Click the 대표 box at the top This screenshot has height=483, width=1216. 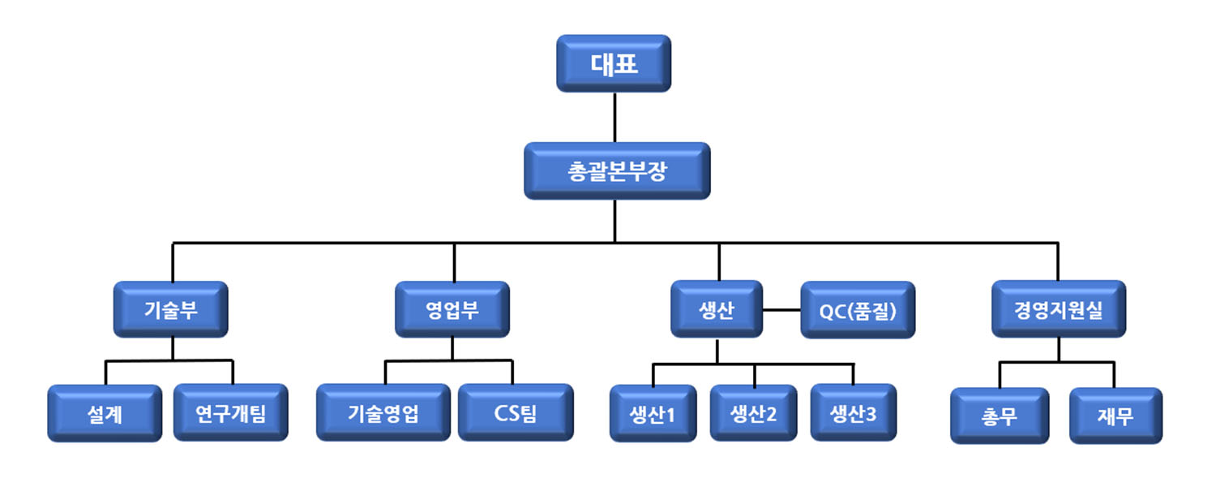click(x=614, y=63)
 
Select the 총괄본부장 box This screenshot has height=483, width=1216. click(x=617, y=171)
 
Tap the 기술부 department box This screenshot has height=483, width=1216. click(x=171, y=309)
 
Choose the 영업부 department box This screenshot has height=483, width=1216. click(x=452, y=309)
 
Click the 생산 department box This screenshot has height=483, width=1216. click(x=717, y=309)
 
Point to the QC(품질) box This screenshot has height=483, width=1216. click(x=858, y=310)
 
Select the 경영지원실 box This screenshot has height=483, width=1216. click(x=1059, y=309)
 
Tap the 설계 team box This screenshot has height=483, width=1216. click(x=105, y=413)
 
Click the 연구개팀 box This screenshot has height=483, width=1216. click(x=231, y=413)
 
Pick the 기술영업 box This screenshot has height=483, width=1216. click(x=383, y=413)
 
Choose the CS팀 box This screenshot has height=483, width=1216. click(x=516, y=413)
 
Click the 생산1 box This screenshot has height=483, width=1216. click(x=653, y=414)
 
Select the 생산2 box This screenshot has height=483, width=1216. click(x=754, y=413)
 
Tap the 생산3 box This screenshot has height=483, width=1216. click(x=854, y=413)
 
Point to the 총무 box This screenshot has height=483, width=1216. click(x=1000, y=416)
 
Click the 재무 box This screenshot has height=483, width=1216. click(x=1115, y=416)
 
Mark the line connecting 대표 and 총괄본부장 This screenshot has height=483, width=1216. click(x=614, y=118)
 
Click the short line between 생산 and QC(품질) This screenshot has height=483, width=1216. click(x=781, y=310)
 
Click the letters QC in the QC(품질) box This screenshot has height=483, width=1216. click(x=833, y=310)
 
